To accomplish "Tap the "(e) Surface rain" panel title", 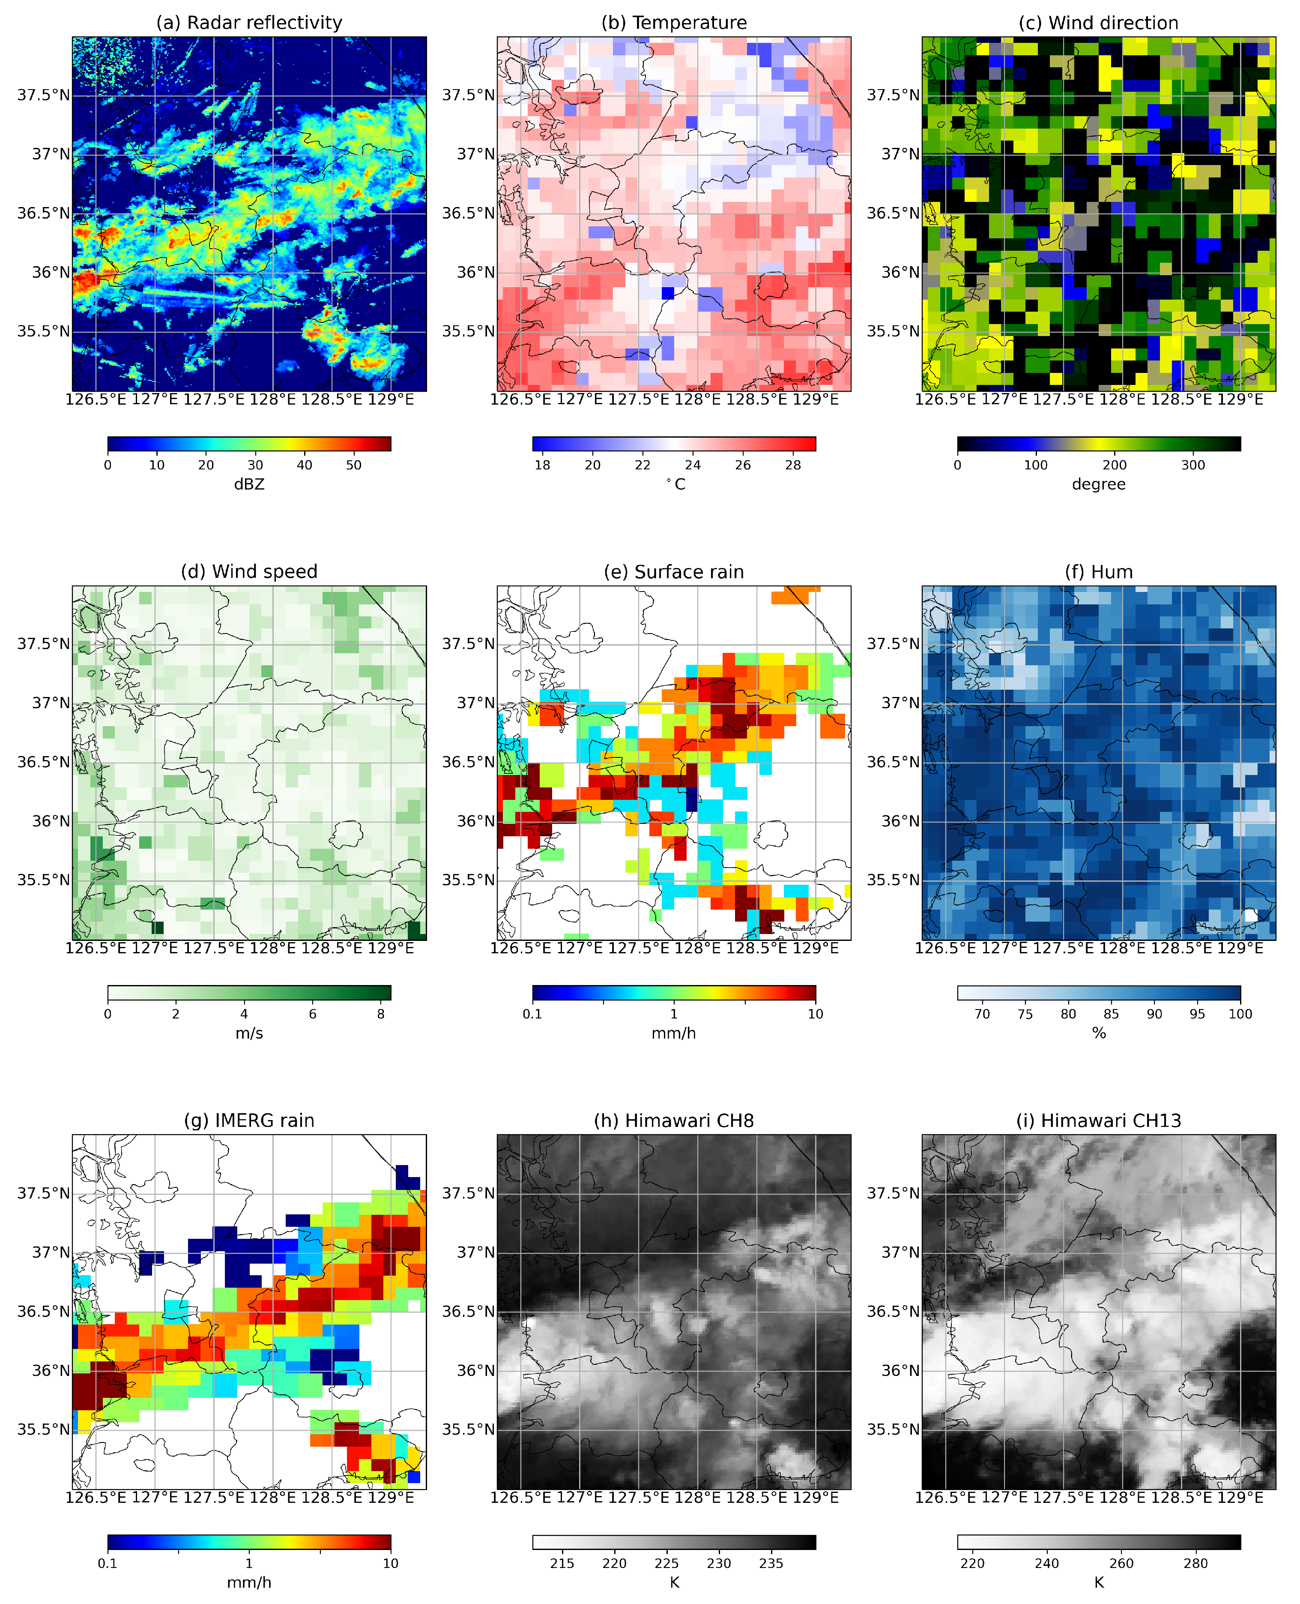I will (x=673, y=572).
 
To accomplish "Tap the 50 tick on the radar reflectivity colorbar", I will (x=353, y=465).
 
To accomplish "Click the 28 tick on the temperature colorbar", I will (x=792, y=465).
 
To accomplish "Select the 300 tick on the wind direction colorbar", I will (x=1193, y=465).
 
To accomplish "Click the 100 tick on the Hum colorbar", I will (x=1240, y=1014).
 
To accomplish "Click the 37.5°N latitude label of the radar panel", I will (x=43, y=95).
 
